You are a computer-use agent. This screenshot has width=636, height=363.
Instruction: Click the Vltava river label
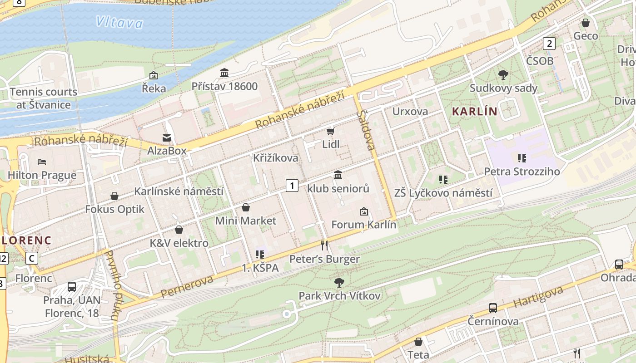119,22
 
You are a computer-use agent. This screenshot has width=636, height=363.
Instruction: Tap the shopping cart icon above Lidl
330,131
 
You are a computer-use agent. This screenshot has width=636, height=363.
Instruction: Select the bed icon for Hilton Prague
42,162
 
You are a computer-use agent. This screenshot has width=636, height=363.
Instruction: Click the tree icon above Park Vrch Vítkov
339,283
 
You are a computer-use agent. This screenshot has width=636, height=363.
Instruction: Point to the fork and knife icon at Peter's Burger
324,245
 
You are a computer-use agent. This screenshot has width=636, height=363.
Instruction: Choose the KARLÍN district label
474,111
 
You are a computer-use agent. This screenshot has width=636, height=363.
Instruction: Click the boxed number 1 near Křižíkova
292,185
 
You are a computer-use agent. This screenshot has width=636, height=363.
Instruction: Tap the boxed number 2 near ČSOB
549,44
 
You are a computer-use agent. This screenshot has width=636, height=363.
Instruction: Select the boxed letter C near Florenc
31,258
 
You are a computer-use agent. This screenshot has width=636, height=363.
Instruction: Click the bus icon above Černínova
493,308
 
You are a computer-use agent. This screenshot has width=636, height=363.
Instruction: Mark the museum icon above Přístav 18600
224,73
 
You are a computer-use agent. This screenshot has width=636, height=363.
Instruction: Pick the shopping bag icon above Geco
586,22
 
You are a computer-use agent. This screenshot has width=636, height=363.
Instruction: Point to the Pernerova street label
187,286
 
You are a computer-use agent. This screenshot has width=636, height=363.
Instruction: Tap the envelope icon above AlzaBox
167,137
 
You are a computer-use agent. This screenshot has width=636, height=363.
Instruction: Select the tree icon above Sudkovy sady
503,74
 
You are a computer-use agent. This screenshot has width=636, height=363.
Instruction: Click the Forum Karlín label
363,224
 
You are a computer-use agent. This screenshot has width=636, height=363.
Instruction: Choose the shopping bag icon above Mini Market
246,207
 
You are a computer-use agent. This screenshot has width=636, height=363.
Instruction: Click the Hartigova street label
538,296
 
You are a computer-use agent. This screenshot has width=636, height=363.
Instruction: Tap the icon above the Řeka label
154,75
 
